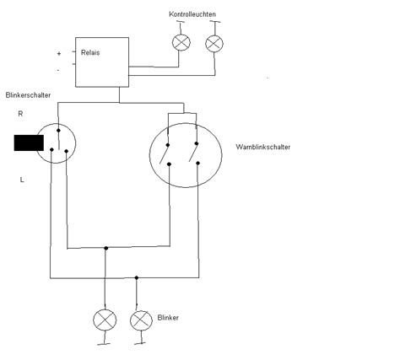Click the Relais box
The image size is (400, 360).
(x=102, y=61)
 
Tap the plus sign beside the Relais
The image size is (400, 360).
(x=58, y=53)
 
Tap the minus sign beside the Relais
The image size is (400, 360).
(x=58, y=69)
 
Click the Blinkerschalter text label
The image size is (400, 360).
(x=28, y=95)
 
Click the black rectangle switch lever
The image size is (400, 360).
(x=29, y=142)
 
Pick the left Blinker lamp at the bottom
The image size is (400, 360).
(x=105, y=320)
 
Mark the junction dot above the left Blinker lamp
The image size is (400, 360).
(x=105, y=249)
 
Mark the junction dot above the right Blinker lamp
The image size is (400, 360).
(x=138, y=277)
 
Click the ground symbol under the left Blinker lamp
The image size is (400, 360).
(x=105, y=343)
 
